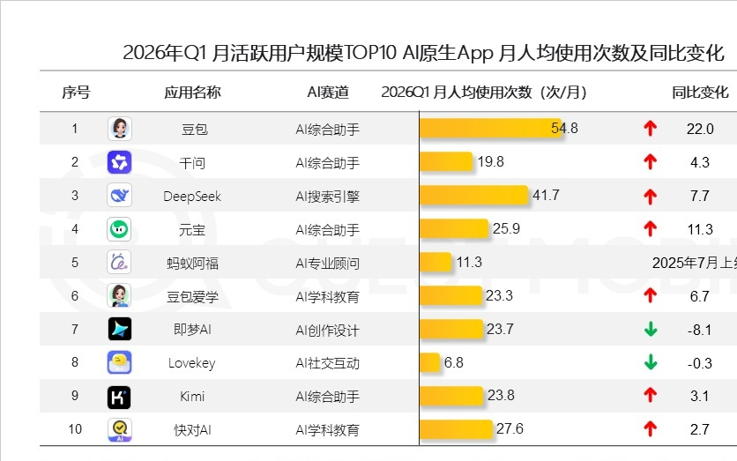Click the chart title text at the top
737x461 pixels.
tap(423, 53)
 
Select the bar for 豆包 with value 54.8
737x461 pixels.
tap(489, 129)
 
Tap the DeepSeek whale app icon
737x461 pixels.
tap(119, 196)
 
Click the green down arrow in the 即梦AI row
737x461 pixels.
tap(651, 330)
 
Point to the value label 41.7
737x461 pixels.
tap(546, 196)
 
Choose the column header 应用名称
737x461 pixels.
tap(192, 93)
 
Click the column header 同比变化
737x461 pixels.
tap(700, 93)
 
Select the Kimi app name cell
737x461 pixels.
tap(192, 397)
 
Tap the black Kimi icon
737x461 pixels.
tap(119, 397)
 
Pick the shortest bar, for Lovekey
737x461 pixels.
tap(429, 363)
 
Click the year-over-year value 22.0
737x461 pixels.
tap(699, 129)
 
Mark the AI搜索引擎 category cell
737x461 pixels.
tap(327, 196)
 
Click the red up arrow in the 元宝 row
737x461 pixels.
tap(651, 229)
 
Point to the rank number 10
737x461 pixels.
tap(75, 429)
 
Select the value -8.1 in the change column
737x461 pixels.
tap(699, 330)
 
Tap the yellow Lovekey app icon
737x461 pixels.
tap(119, 363)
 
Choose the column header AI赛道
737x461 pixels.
tap(327, 93)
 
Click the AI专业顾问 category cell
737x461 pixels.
tap(327, 263)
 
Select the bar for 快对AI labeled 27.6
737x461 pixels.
tap(456, 429)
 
